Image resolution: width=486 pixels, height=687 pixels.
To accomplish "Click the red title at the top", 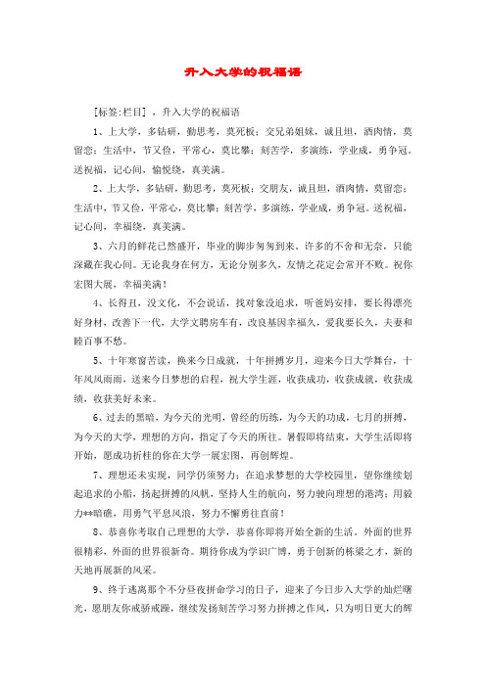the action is [243, 71].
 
